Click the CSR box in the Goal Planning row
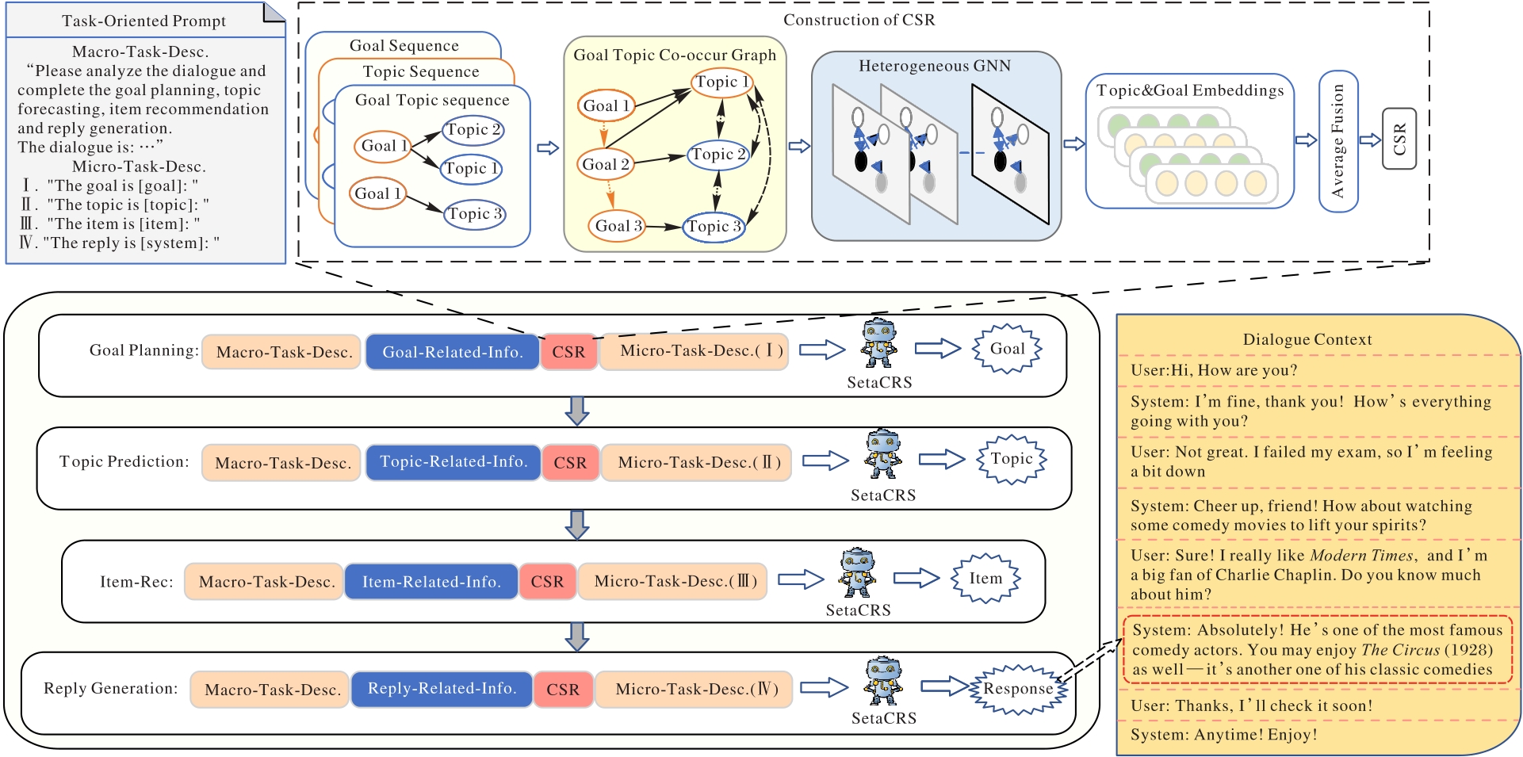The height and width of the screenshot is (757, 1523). tap(568, 352)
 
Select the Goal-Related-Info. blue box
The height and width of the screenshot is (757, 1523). tap(452, 352)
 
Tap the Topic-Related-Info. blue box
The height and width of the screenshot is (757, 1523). tap(453, 462)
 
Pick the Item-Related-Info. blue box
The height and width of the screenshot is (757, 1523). tap(431, 581)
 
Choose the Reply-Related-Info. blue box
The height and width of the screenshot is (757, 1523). tap(442, 689)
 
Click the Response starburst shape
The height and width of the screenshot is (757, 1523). tap(1018, 689)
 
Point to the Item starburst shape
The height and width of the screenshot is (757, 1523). tap(985, 579)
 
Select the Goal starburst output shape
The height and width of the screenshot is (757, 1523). tap(1007, 348)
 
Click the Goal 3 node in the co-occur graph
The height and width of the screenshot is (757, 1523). tap(618, 226)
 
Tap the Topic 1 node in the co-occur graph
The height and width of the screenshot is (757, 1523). tap(721, 82)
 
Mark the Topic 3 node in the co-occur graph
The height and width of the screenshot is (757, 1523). tap(714, 227)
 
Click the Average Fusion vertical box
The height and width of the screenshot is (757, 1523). tap(1338, 141)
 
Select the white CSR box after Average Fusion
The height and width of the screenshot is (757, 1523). tap(1399, 140)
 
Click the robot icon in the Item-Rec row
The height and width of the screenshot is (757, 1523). tap(857, 572)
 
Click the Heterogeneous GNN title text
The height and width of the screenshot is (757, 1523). tap(935, 66)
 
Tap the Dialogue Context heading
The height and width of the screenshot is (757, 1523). tap(1307, 339)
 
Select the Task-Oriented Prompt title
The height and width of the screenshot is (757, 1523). tap(143, 21)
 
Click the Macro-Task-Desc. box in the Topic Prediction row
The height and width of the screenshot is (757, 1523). tap(282, 463)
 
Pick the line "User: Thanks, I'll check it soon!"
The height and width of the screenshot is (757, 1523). tap(1250, 705)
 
